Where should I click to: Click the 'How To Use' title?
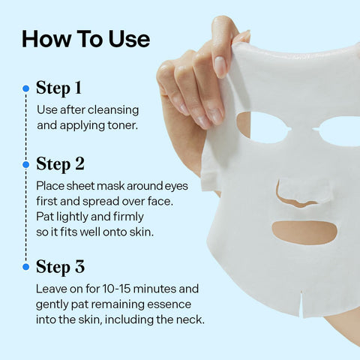tap(85, 39)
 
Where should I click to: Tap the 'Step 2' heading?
tap(60, 163)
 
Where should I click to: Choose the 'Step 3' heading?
tap(60, 267)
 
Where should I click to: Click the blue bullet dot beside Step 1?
tap(25, 88)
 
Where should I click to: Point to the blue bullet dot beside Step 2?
tap(25, 163)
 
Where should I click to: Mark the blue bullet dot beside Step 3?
tap(25, 267)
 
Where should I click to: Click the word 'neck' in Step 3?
tap(188, 320)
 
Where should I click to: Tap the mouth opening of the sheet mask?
tap(303, 231)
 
